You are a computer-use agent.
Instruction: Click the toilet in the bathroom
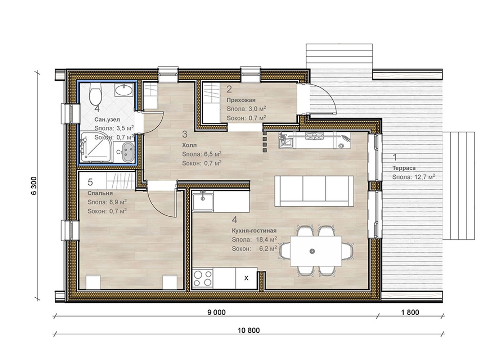click(x=96, y=94)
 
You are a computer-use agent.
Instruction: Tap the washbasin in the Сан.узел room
click(x=124, y=90)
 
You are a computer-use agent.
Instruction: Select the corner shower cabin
click(x=96, y=147)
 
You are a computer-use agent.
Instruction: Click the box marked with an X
click(x=246, y=278)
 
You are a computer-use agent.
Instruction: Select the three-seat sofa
click(x=314, y=191)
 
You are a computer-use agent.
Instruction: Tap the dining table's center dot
click(x=312, y=251)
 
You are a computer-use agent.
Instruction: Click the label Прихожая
click(x=241, y=100)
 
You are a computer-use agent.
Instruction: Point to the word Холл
click(x=189, y=145)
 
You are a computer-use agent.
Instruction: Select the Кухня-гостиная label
click(x=254, y=231)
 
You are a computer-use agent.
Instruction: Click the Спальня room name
click(x=100, y=193)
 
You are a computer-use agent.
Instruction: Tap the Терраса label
click(x=404, y=168)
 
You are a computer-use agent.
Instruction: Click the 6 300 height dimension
click(x=33, y=186)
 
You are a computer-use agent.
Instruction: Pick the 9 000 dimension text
click(x=216, y=312)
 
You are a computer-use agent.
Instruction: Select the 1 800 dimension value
click(x=410, y=312)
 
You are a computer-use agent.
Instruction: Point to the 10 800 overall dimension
click(x=249, y=330)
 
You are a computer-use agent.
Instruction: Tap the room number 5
click(x=90, y=182)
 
